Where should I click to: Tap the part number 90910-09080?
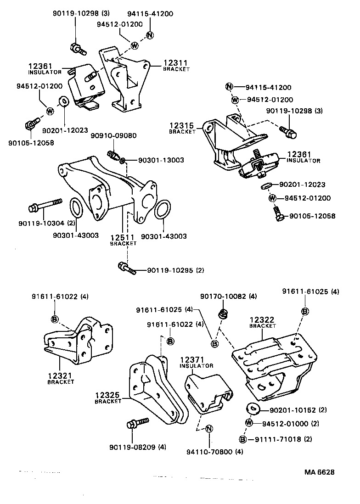point(113,136)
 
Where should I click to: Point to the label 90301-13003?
point(155,160)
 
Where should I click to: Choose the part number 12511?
point(123,237)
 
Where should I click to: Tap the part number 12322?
point(262,319)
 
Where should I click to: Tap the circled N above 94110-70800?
point(208,429)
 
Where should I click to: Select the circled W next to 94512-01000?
point(248,423)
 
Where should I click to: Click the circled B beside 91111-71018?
point(244,439)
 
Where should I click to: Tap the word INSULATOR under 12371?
point(196,366)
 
